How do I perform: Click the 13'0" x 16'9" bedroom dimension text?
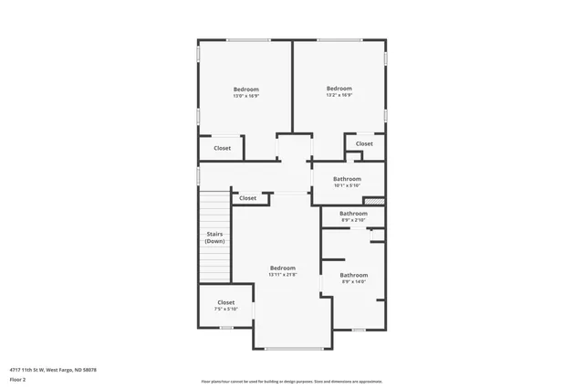coord(245,96)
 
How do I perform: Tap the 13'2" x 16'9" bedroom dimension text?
coord(339,95)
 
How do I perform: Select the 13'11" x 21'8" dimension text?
coord(282,275)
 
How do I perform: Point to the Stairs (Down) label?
coord(214,237)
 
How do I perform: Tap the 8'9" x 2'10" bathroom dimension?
coord(353,220)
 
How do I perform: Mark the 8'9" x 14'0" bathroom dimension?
coord(353,282)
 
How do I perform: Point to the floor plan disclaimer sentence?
coord(291,381)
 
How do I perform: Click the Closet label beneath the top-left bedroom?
coord(223,148)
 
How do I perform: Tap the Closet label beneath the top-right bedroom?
coord(364,143)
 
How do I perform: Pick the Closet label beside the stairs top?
coord(248,198)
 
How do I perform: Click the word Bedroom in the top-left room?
coord(245,89)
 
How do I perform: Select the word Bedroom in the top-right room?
coord(339,88)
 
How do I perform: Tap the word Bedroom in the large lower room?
coord(282,268)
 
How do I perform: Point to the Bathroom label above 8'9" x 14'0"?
coord(354,275)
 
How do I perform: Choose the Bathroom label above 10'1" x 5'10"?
coord(347,179)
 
